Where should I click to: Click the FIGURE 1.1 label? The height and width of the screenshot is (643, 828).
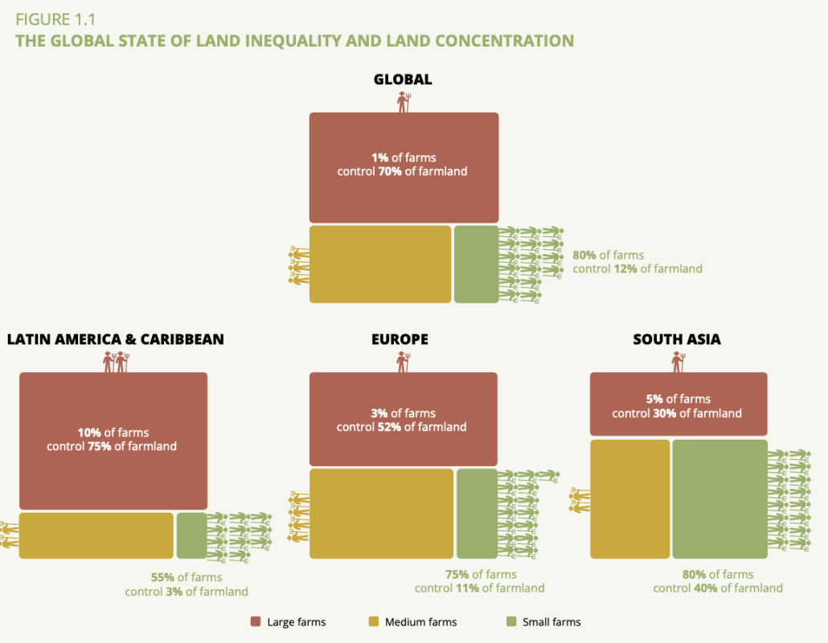(55, 20)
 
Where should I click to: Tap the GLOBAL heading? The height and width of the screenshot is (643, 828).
(403, 79)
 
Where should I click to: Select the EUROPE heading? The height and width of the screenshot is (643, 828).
(400, 339)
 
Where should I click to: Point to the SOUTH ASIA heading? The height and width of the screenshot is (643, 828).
(677, 339)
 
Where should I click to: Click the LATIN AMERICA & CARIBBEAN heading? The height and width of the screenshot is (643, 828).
(115, 339)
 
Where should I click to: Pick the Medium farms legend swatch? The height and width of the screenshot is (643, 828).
(373, 621)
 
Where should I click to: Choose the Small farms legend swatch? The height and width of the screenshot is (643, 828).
(511, 621)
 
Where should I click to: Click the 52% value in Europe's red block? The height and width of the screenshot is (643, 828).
(389, 427)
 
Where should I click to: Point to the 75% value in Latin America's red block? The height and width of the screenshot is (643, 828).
(100, 446)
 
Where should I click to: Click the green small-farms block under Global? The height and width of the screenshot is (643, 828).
(476, 264)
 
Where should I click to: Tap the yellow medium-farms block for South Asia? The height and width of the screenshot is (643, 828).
(629, 498)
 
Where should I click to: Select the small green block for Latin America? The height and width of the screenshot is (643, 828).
(191, 535)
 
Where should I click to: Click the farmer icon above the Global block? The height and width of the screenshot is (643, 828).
(404, 102)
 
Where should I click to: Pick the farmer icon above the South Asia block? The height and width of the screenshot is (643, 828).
(678, 362)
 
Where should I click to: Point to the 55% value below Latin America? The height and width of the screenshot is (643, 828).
(163, 577)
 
